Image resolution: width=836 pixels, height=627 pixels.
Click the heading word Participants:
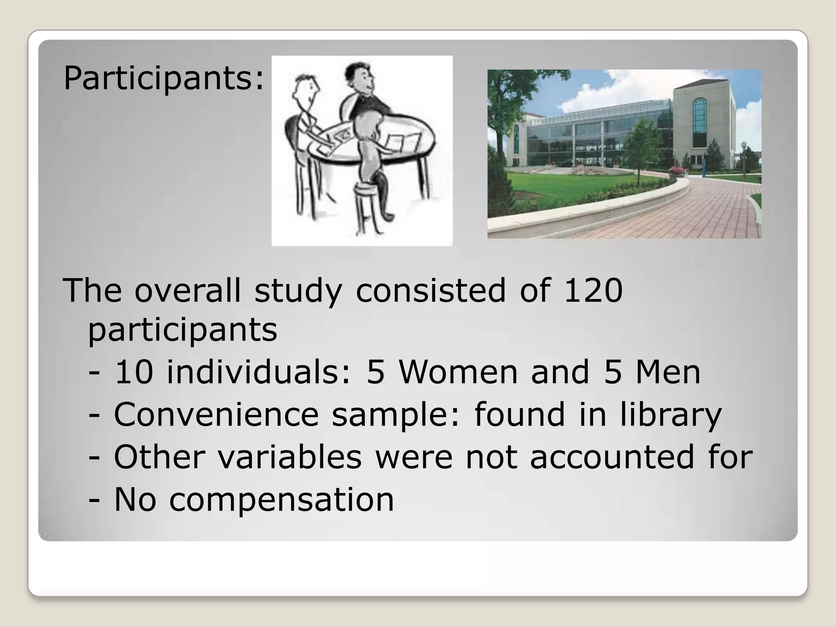[x=164, y=78]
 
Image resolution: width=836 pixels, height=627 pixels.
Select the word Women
[x=458, y=372]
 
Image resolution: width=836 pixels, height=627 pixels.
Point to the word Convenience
[x=216, y=415]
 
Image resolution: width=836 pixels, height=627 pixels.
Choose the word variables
[x=289, y=457]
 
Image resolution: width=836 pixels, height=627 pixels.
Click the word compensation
[x=282, y=500]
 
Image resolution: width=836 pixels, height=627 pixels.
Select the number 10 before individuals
[x=133, y=372]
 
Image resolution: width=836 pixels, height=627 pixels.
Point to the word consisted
[x=431, y=290]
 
